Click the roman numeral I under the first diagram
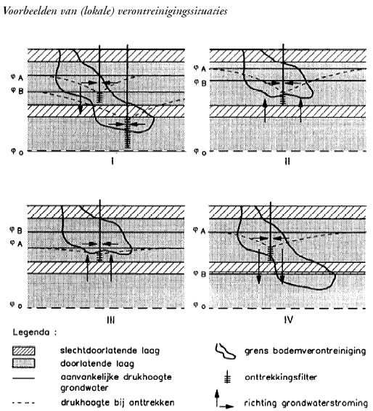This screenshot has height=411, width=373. [112, 161]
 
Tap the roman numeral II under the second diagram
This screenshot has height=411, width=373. [287, 161]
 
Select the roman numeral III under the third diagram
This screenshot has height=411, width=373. [111, 320]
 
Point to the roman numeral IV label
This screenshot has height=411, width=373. [288, 320]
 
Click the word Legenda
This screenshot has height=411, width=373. [31, 333]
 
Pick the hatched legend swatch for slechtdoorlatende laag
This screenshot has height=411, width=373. [23, 351]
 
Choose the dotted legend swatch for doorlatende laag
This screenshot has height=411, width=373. [23, 363]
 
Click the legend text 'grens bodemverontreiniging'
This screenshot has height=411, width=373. [306, 351]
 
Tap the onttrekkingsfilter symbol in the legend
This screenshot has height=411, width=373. [228, 377]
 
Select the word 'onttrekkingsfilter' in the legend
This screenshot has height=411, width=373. [281, 377]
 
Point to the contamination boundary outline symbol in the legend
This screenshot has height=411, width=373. [225, 351]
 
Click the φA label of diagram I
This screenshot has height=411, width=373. [17, 77]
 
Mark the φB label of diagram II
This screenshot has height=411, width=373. [200, 83]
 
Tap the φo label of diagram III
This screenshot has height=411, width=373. [16, 305]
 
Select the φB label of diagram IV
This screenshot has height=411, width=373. [200, 274]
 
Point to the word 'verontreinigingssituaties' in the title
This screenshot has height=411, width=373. [173, 12]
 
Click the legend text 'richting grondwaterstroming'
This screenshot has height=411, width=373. [306, 403]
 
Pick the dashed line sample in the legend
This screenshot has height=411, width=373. [23, 402]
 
